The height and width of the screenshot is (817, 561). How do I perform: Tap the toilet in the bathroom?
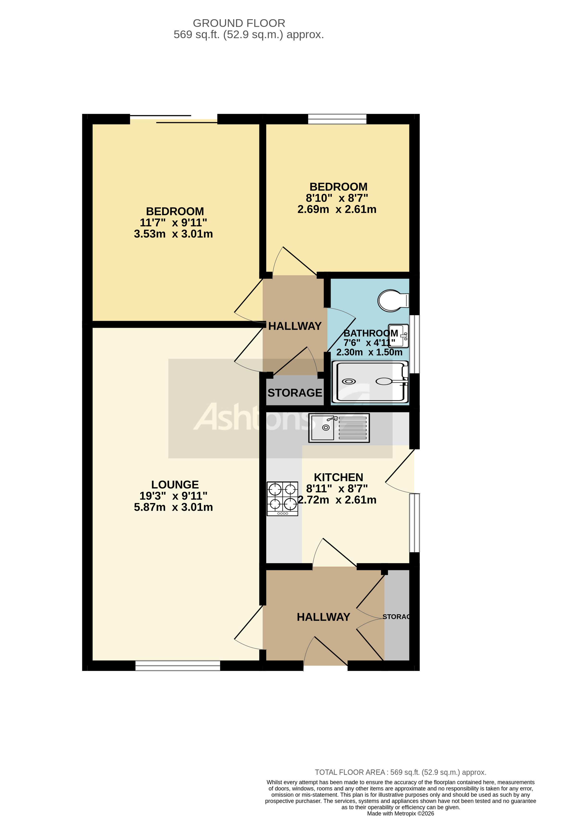[x=392, y=300]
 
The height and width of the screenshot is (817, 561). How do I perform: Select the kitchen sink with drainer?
[x=339, y=427]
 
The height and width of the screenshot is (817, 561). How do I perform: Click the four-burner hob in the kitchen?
[x=282, y=499]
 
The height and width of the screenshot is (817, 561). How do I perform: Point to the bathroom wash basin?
[x=399, y=336]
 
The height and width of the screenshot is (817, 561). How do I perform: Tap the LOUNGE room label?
[x=175, y=484]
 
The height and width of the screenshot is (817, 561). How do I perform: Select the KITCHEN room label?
[x=338, y=477]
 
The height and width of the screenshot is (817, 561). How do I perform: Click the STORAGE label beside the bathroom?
[x=295, y=393]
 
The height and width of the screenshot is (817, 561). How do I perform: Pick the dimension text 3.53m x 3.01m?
[x=173, y=234]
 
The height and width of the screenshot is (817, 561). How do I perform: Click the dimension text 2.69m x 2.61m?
[x=337, y=209]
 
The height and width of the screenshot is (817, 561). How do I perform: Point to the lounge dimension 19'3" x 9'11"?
[x=173, y=496]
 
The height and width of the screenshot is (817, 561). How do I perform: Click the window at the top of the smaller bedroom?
[x=337, y=119]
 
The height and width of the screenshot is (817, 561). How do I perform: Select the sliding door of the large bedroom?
[x=173, y=119]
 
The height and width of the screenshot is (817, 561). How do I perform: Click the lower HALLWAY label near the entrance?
[x=323, y=617]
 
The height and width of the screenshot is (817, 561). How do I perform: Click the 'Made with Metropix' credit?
[x=400, y=813]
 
